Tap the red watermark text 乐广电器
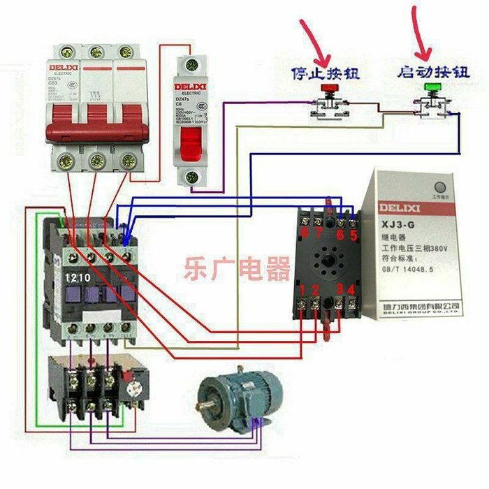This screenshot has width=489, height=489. click(237, 268)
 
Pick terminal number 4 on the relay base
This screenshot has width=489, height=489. click(351, 289)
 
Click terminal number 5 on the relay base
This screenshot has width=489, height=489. click(353, 235)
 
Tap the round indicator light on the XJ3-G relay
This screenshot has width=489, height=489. click(440, 187)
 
